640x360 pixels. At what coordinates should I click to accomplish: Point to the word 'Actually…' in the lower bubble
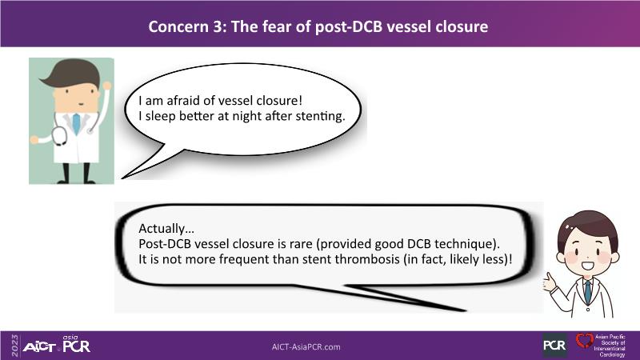(166, 229)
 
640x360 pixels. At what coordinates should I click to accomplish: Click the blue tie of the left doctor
(76, 124)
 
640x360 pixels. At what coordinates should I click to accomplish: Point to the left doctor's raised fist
(107, 86)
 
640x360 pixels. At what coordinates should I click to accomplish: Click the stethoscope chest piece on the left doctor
(59, 136)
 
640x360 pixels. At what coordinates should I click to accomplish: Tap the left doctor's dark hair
(74, 74)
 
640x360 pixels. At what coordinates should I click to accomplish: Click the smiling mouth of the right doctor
(587, 266)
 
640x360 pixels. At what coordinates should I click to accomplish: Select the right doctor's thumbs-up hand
(550, 282)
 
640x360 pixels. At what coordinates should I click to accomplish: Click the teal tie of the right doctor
(588, 291)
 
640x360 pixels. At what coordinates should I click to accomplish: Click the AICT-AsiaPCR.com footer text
(306, 347)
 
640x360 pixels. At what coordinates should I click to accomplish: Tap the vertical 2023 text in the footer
(15, 346)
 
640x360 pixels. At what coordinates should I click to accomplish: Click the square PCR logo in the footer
(554, 346)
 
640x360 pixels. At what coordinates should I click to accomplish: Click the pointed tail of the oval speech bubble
(122, 178)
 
